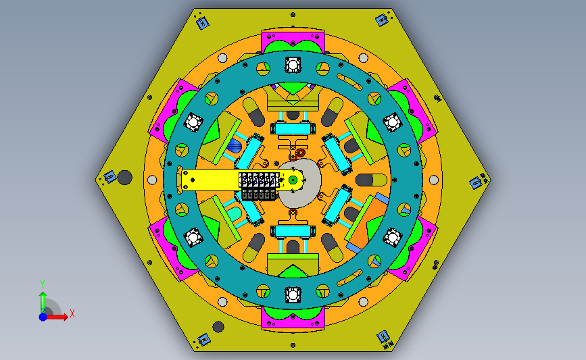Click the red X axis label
click(x=72, y=313)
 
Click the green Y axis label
click(x=43, y=284)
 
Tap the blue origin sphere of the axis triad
click(x=43, y=317)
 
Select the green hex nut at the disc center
click(x=293, y=180)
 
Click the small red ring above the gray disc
click(x=301, y=153)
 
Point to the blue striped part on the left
click(x=235, y=146)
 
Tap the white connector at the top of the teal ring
click(x=293, y=65)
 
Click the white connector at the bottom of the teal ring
click(x=293, y=294)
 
